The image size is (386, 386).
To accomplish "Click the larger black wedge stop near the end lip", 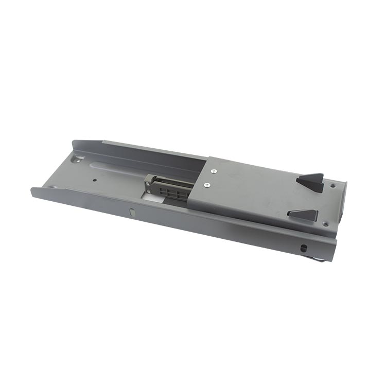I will (311, 181).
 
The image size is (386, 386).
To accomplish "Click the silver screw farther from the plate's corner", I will (207, 185).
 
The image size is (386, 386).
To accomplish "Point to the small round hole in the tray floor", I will (95, 181).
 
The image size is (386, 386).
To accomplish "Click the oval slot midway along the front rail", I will (132, 212).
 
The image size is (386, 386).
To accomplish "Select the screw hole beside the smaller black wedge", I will (325, 224).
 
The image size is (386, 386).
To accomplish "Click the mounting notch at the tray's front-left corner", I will (51, 187).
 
